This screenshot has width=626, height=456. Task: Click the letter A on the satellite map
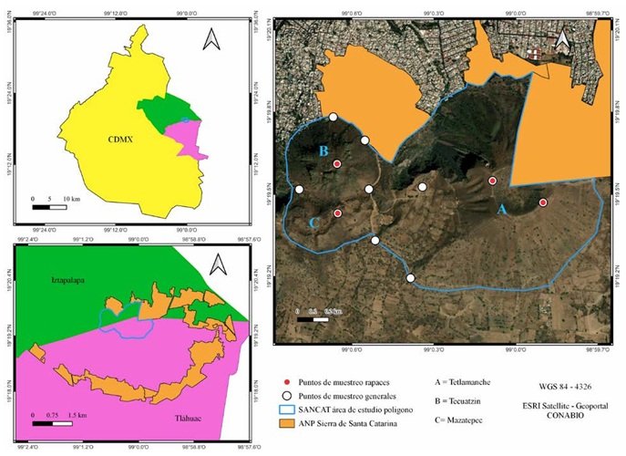501,209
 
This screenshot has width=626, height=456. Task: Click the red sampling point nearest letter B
337,164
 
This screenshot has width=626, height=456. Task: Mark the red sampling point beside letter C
338,213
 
